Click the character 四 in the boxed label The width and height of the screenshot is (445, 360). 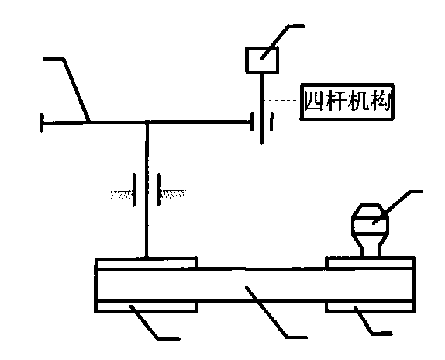click(314, 101)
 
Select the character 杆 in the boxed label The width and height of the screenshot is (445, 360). click(336, 101)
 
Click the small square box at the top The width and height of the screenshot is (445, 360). click(262, 61)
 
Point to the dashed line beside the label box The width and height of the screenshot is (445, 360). click(281, 100)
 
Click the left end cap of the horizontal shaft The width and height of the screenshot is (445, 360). click(42, 123)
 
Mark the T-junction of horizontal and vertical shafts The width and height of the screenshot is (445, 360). click(147, 123)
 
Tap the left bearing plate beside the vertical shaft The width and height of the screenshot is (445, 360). click(134, 189)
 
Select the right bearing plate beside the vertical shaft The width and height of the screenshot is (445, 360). click(160, 189)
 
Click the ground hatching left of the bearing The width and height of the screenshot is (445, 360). click(121, 195)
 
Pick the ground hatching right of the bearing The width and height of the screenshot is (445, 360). click(173, 194)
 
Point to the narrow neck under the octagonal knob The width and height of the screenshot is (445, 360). click(370, 249)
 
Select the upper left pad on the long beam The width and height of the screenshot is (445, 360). click(147, 262)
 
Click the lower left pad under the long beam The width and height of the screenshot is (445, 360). click(147, 307)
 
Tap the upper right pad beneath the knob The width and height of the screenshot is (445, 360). click(370, 262)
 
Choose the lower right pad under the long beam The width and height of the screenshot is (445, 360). click(370, 306)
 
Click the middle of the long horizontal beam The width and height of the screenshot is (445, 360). click(254, 285)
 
